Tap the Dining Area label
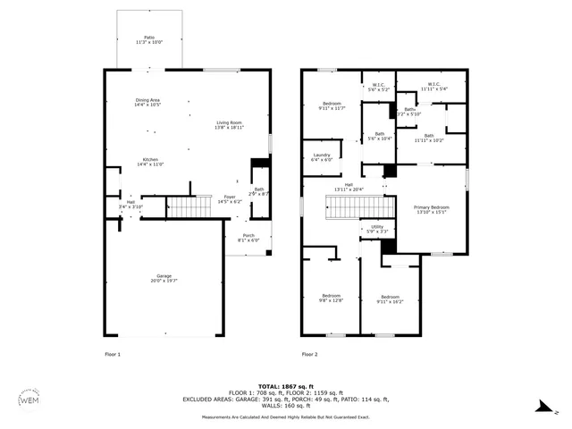pos(147,102)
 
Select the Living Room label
pos(229,124)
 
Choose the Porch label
pos(248,238)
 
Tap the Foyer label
pos(230,199)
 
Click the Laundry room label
pos(322,157)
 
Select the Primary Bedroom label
pos(432,209)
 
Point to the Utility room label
pos(377,229)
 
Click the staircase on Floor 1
pos(188,207)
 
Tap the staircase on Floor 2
pos(357,207)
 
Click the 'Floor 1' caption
pos(113,355)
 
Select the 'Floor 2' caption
pos(309,355)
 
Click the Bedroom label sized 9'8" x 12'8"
pos(331,298)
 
